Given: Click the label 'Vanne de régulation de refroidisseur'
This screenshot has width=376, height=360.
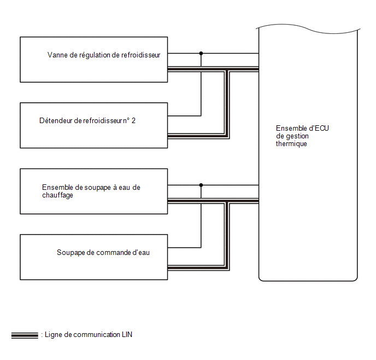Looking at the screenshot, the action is [104, 55].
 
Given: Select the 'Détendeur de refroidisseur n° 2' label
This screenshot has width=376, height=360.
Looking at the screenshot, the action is [87, 120].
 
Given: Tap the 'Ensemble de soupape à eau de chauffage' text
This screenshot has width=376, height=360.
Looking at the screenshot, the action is [91, 191].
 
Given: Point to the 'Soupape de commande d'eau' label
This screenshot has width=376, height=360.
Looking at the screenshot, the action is [103, 253].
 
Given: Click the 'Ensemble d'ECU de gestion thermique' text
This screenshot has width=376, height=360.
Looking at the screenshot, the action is [302, 136].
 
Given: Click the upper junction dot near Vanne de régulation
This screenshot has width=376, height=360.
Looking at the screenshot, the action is [201, 53].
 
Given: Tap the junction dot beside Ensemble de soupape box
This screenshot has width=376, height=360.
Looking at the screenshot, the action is [201, 185].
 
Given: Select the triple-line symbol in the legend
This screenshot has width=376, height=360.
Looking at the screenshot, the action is [25, 335].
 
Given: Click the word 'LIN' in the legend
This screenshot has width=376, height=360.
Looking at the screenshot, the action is [127, 335].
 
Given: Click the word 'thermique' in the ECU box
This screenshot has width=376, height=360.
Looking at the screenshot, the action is [291, 143].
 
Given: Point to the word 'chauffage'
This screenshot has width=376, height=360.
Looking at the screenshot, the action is [57, 195].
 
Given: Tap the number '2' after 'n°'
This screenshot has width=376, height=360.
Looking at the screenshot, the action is [133, 120].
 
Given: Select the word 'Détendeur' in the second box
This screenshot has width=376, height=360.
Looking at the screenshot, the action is [56, 120].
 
